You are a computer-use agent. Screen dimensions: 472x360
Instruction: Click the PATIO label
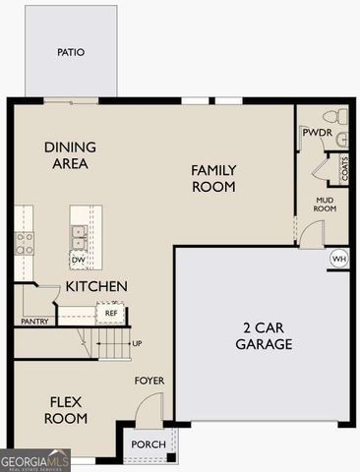(x=71, y=52)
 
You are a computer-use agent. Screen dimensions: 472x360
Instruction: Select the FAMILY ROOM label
(x=213, y=177)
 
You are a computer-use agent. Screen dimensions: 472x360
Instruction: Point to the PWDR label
(x=316, y=132)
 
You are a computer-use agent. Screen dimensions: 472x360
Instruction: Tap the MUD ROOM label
(x=326, y=204)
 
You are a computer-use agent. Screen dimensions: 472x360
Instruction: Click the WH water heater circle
(x=339, y=259)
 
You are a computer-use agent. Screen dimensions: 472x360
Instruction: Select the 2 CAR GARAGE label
(x=265, y=335)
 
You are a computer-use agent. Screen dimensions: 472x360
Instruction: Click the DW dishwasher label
(x=78, y=261)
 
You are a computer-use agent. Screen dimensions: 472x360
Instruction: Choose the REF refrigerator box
(x=111, y=313)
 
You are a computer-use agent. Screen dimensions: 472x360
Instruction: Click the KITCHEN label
(x=96, y=286)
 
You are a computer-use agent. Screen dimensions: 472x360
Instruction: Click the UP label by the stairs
(x=137, y=344)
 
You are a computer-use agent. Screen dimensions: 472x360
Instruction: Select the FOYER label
(x=150, y=381)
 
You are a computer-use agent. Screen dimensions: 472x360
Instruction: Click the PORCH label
(x=148, y=444)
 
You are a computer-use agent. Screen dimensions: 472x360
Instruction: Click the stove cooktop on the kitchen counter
(x=23, y=243)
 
